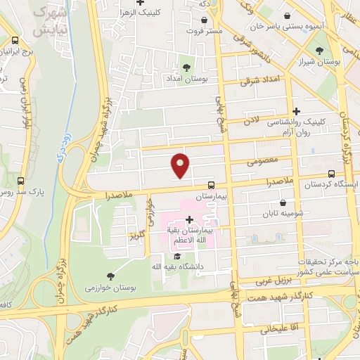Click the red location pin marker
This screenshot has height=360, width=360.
181,165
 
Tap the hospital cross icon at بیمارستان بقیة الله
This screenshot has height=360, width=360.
189,219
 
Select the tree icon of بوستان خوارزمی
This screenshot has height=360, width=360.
110,276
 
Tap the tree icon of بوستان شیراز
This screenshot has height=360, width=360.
319,51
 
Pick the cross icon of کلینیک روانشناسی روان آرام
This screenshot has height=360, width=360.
296,111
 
